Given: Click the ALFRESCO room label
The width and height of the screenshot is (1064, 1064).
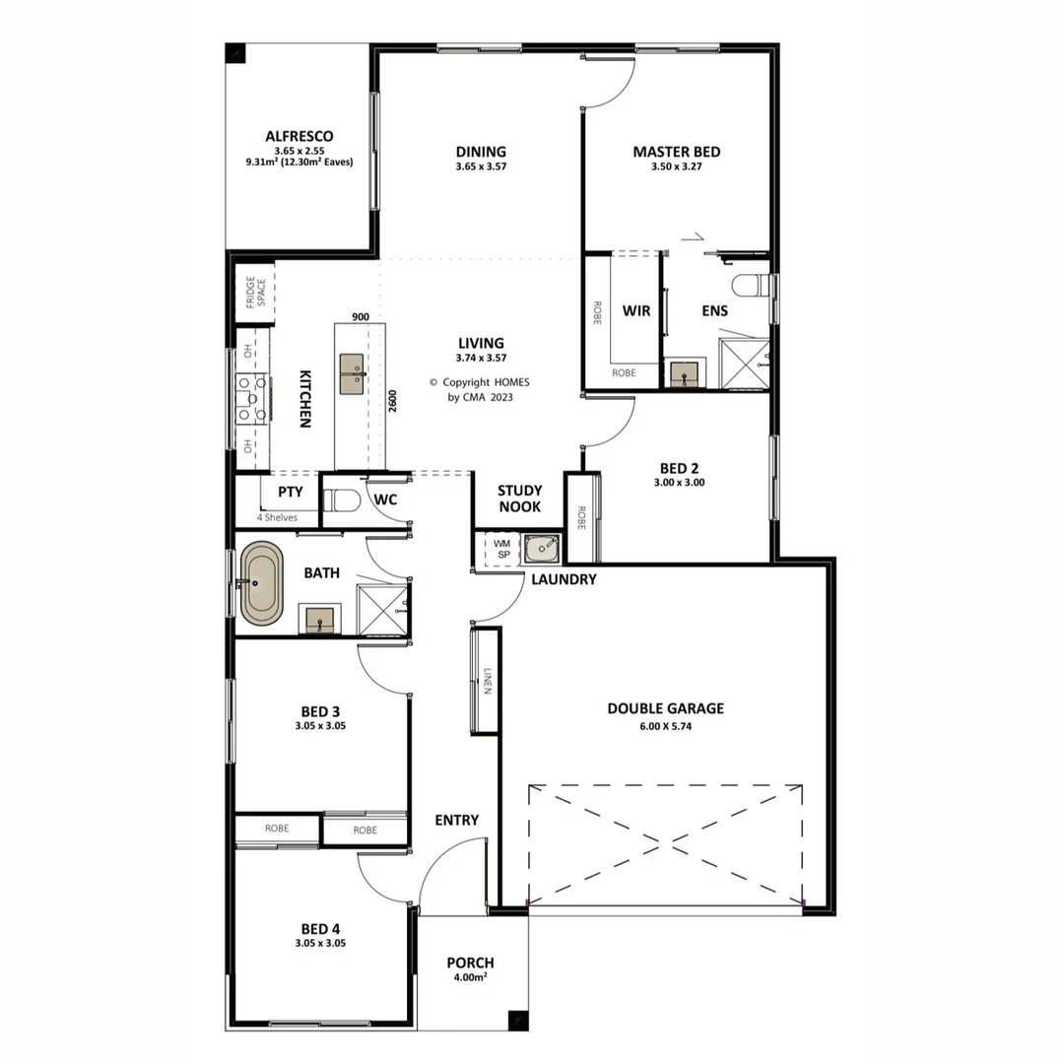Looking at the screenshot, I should coord(299,136).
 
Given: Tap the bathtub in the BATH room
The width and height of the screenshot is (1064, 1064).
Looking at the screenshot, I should coord(261,585).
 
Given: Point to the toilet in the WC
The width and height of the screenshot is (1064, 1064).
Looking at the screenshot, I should coord(340,500).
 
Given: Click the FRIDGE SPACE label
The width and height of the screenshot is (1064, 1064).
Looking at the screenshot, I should coord(254,293).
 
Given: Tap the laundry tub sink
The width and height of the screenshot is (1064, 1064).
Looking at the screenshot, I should coord(541,549).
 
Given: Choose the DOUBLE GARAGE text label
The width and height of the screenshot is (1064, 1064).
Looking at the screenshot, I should coord(665,708).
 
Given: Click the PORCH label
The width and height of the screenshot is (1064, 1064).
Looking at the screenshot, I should coord(470,963).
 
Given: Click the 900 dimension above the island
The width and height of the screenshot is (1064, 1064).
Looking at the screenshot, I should coord(360,317).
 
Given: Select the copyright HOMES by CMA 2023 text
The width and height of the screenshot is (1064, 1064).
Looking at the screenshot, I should coord(481,389).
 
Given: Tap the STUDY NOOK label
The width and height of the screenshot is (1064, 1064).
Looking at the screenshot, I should coord(519,499).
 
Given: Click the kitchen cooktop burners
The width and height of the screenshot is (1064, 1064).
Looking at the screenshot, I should coord(252,399).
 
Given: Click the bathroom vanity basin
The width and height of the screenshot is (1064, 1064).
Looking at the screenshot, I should coord(319,620).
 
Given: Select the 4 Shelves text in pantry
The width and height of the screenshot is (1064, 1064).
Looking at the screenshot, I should coord(278,517).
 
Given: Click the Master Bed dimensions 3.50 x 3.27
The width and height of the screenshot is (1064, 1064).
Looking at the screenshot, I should coord(676,167).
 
